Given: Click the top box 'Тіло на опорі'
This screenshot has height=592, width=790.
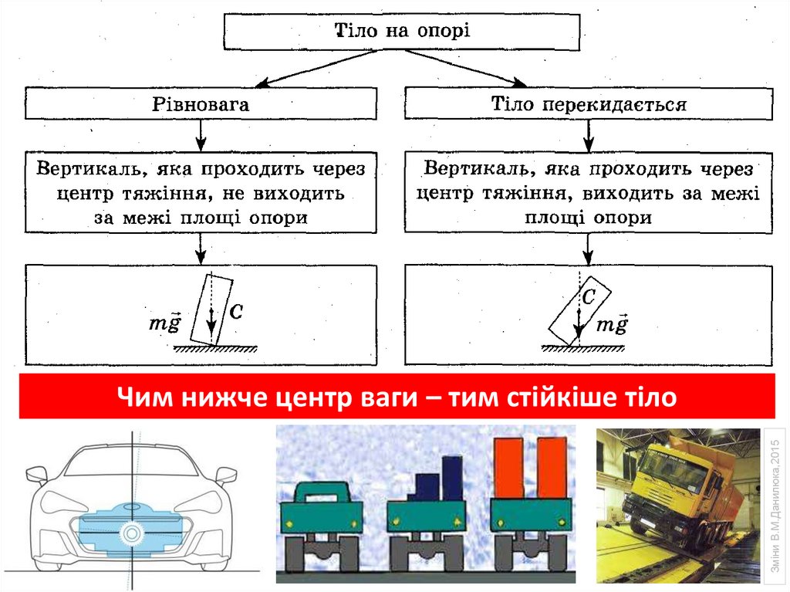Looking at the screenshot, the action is click(x=402, y=32).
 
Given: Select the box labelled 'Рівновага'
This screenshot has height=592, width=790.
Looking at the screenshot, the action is click(x=201, y=104).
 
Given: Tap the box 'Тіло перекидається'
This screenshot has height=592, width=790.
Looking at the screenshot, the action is click(x=589, y=104).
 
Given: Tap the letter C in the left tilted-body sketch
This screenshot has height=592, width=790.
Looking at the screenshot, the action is click(x=237, y=311).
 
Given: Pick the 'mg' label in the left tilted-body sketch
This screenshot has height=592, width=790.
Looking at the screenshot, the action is click(x=164, y=323).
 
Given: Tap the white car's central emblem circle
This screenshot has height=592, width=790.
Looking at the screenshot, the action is click(x=132, y=532).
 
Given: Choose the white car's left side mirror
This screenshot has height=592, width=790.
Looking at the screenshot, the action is click(x=36, y=475).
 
